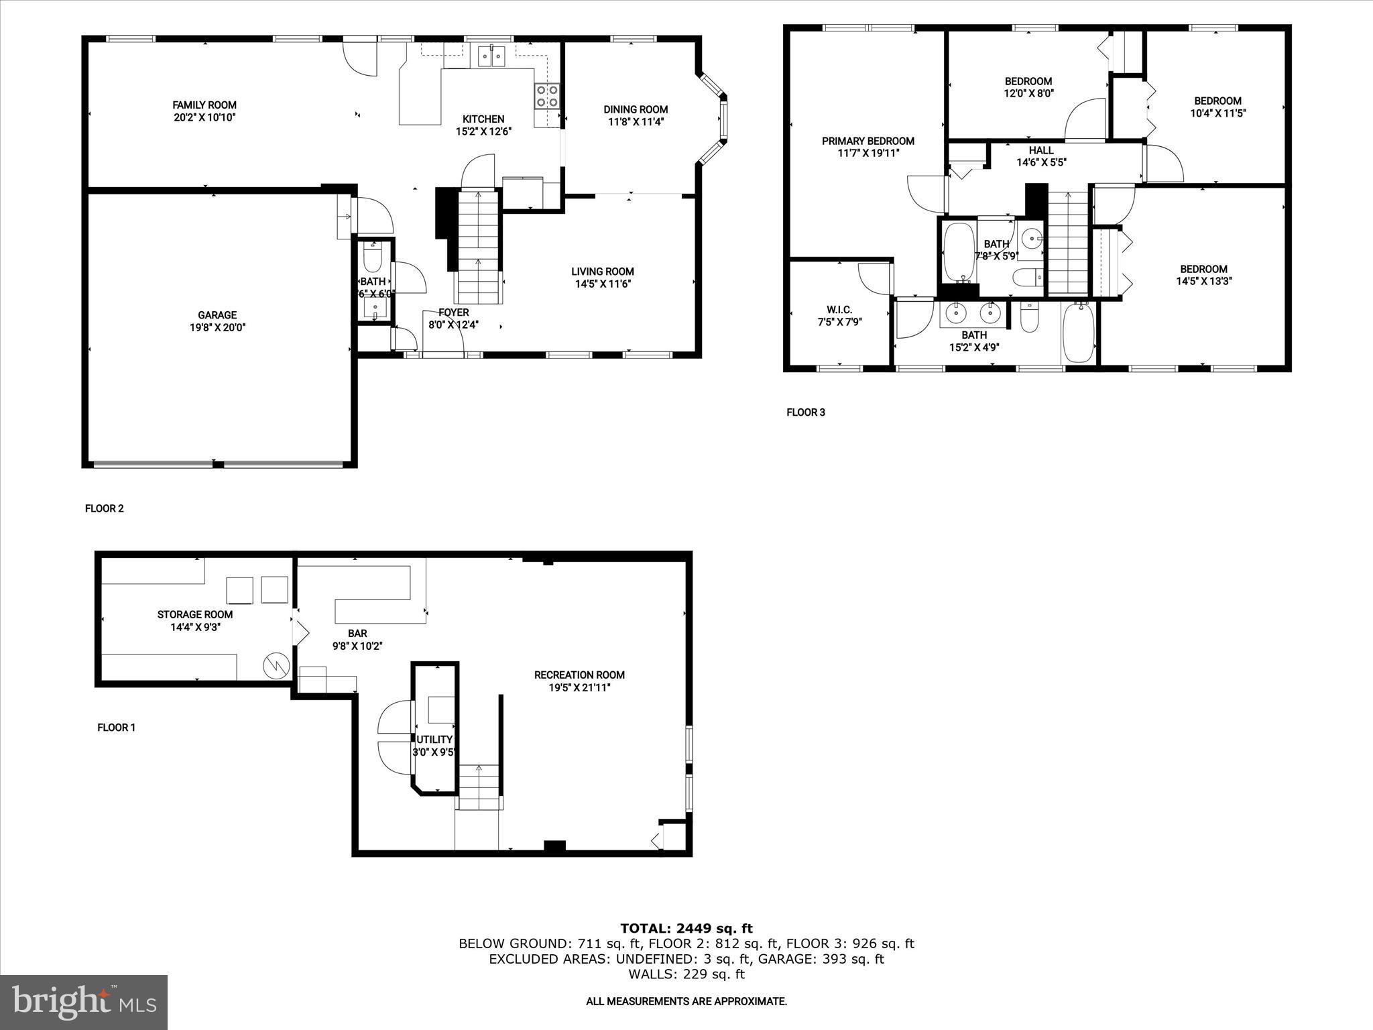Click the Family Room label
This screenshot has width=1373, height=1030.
pos(204,105)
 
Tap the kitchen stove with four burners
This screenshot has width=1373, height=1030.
pos(547,97)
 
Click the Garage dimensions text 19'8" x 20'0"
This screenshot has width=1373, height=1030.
pos(217,328)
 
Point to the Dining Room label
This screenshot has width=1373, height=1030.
pos(636,109)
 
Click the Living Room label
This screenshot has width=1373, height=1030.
pos(602,272)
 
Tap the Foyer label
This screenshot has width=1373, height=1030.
pos(454,312)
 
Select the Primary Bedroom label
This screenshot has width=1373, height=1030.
pos(868,141)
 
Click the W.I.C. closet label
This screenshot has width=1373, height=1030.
pos(839,309)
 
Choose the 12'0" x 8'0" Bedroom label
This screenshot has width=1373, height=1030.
pos(1028,81)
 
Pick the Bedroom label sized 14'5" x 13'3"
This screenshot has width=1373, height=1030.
pos(1203,269)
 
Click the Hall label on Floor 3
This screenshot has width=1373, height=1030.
pos(1041,150)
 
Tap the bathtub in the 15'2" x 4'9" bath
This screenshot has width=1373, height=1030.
pos(1079,333)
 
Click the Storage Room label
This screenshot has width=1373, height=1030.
pos(195,614)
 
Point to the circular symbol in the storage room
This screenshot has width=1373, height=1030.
pos(276,665)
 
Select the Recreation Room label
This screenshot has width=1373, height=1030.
pos(579,675)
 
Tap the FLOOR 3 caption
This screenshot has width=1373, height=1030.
pos(805,412)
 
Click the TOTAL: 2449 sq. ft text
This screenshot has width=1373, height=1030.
pos(686,929)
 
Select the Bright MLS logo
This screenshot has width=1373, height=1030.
pos(83,1003)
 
